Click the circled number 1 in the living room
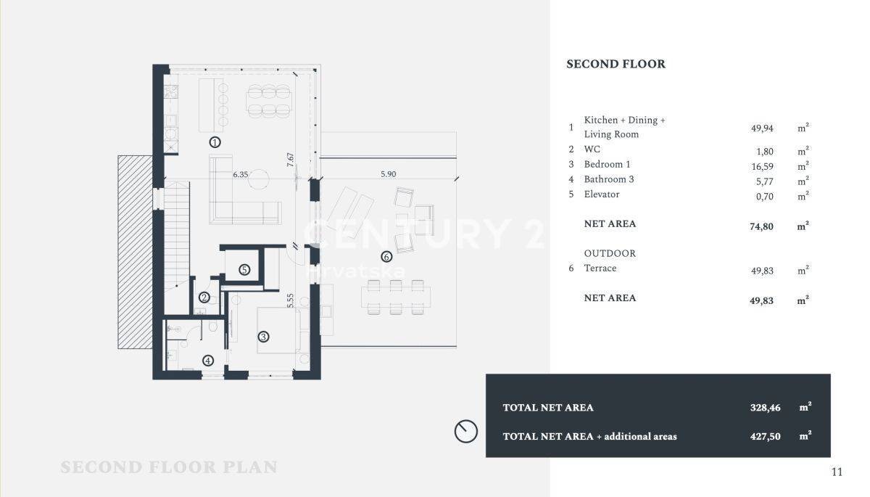coord(215,142)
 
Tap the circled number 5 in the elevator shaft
coord(244,270)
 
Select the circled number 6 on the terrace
coord(386,257)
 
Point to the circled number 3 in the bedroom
coord(263,337)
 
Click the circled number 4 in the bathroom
coord(208,361)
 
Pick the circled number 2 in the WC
coord(204,298)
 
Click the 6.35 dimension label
coord(241,174)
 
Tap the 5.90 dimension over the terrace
coord(389,174)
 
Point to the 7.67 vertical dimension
coord(290,160)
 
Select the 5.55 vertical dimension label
coord(290,300)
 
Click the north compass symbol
coord(465,431)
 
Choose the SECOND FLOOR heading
coord(616,64)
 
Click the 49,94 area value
coord(762,128)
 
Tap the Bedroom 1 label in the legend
coord(607,165)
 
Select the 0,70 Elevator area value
coord(764,197)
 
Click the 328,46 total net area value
coord(765,408)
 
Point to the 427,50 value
coord(765,436)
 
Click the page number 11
coord(837,472)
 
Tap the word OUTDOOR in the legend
coord(610,253)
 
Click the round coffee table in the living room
coord(259,179)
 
